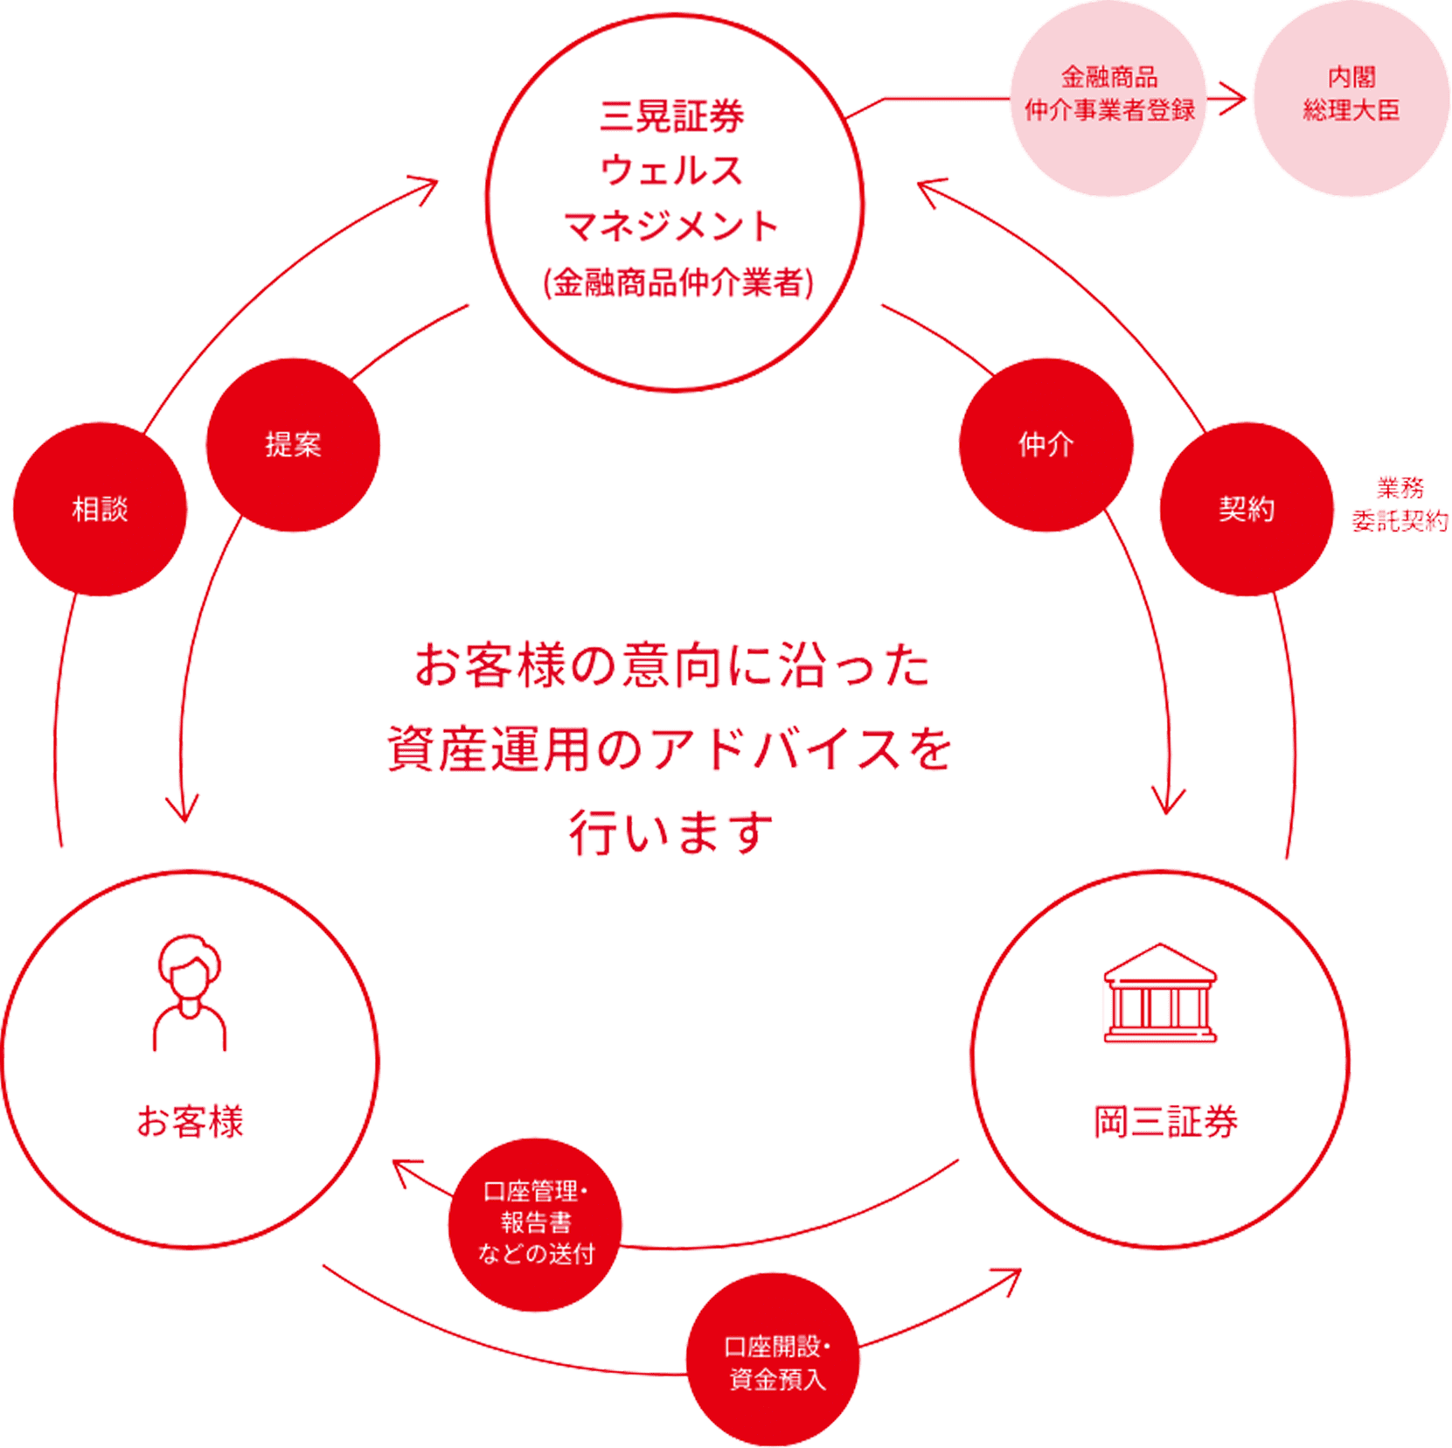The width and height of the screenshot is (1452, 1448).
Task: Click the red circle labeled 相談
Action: [x=100, y=509]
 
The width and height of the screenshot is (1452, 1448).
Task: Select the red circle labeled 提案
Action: [x=293, y=444]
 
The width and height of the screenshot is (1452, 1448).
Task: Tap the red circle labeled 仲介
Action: [x=1046, y=444]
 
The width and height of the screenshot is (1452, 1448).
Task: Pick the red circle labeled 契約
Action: [x=1246, y=509]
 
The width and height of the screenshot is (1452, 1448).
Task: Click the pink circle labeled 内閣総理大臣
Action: [x=1351, y=96]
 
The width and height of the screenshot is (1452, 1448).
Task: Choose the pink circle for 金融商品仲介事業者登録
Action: [x=1108, y=96]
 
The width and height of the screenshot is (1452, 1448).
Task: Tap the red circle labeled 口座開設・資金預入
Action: [x=773, y=1360]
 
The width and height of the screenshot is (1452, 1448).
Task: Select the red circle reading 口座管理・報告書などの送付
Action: [x=535, y=1224]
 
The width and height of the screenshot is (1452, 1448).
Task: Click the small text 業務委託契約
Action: [x=1400, y=505]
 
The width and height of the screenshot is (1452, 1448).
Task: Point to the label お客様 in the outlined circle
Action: [x=190, y=1123]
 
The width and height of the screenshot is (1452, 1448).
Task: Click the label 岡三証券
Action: [x=1165, y=1123]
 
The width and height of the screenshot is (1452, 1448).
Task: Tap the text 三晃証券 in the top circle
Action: [x=671, y=116]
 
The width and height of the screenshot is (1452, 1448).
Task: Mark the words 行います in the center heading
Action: [x=670, y=832]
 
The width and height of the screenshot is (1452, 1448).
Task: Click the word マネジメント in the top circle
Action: [x=671, y=226]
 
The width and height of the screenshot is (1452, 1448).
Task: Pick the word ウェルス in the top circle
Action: [x=671, y=171]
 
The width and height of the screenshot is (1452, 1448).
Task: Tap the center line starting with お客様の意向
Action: [x=671, y=666]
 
